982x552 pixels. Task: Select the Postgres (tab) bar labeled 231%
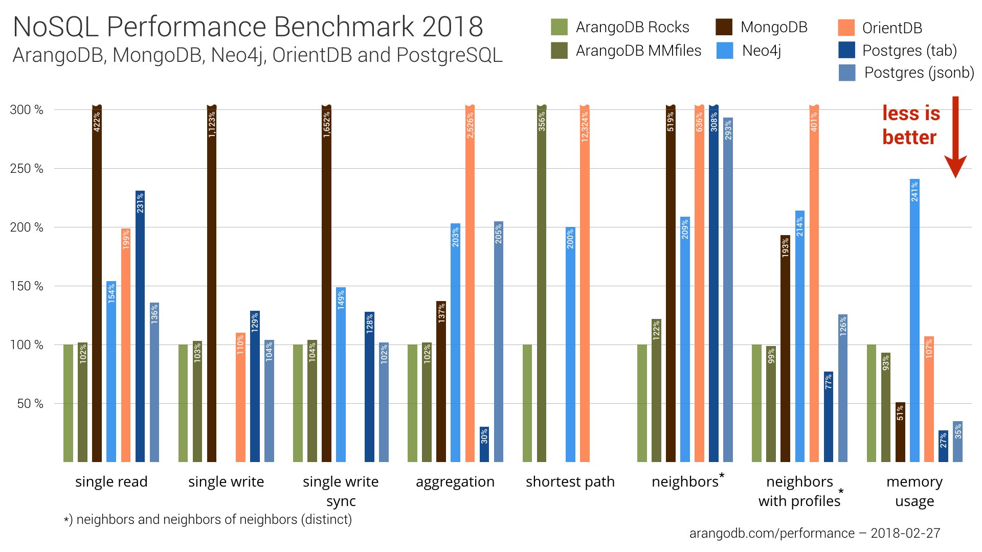(140, 327)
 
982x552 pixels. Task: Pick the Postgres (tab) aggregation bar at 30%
(484, 445)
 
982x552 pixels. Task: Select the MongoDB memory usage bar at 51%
(900, 432)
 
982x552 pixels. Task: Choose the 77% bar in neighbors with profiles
(829, 417)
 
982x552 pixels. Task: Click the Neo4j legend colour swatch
(725, 51)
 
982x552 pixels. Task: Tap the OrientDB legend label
(892, 28)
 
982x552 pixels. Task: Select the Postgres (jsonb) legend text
(919, 73)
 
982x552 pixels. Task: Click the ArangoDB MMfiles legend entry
(638, 51)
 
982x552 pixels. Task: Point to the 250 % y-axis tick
(27, 169)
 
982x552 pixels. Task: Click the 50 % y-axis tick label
(30, 404)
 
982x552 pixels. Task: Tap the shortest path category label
(570, 481)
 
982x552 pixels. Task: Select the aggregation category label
(455, 481)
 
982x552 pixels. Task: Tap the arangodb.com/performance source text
(772, 533)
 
